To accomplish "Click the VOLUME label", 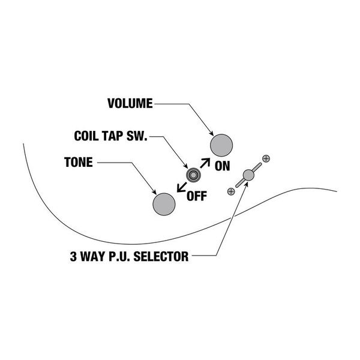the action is point(130,103).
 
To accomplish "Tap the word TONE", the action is point(79,162).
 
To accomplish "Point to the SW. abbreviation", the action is point(137,136).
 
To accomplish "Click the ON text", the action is point(222,166).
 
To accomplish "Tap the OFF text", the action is point(197,196).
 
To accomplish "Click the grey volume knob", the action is point(221,146).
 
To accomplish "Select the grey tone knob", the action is point(164,204).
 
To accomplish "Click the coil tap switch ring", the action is point(193,175).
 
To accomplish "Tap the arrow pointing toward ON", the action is point(205,163).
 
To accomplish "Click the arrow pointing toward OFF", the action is point(182,187).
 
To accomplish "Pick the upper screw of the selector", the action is point(266,158).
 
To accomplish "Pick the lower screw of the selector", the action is point(231,191).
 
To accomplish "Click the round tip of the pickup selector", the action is point(248,175).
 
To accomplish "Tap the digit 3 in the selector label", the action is point(73,256).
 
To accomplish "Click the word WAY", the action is point(92,256).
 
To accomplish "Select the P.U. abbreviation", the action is point(119,256).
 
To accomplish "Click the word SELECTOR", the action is point(161,256).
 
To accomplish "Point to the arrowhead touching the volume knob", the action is point(212,134).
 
